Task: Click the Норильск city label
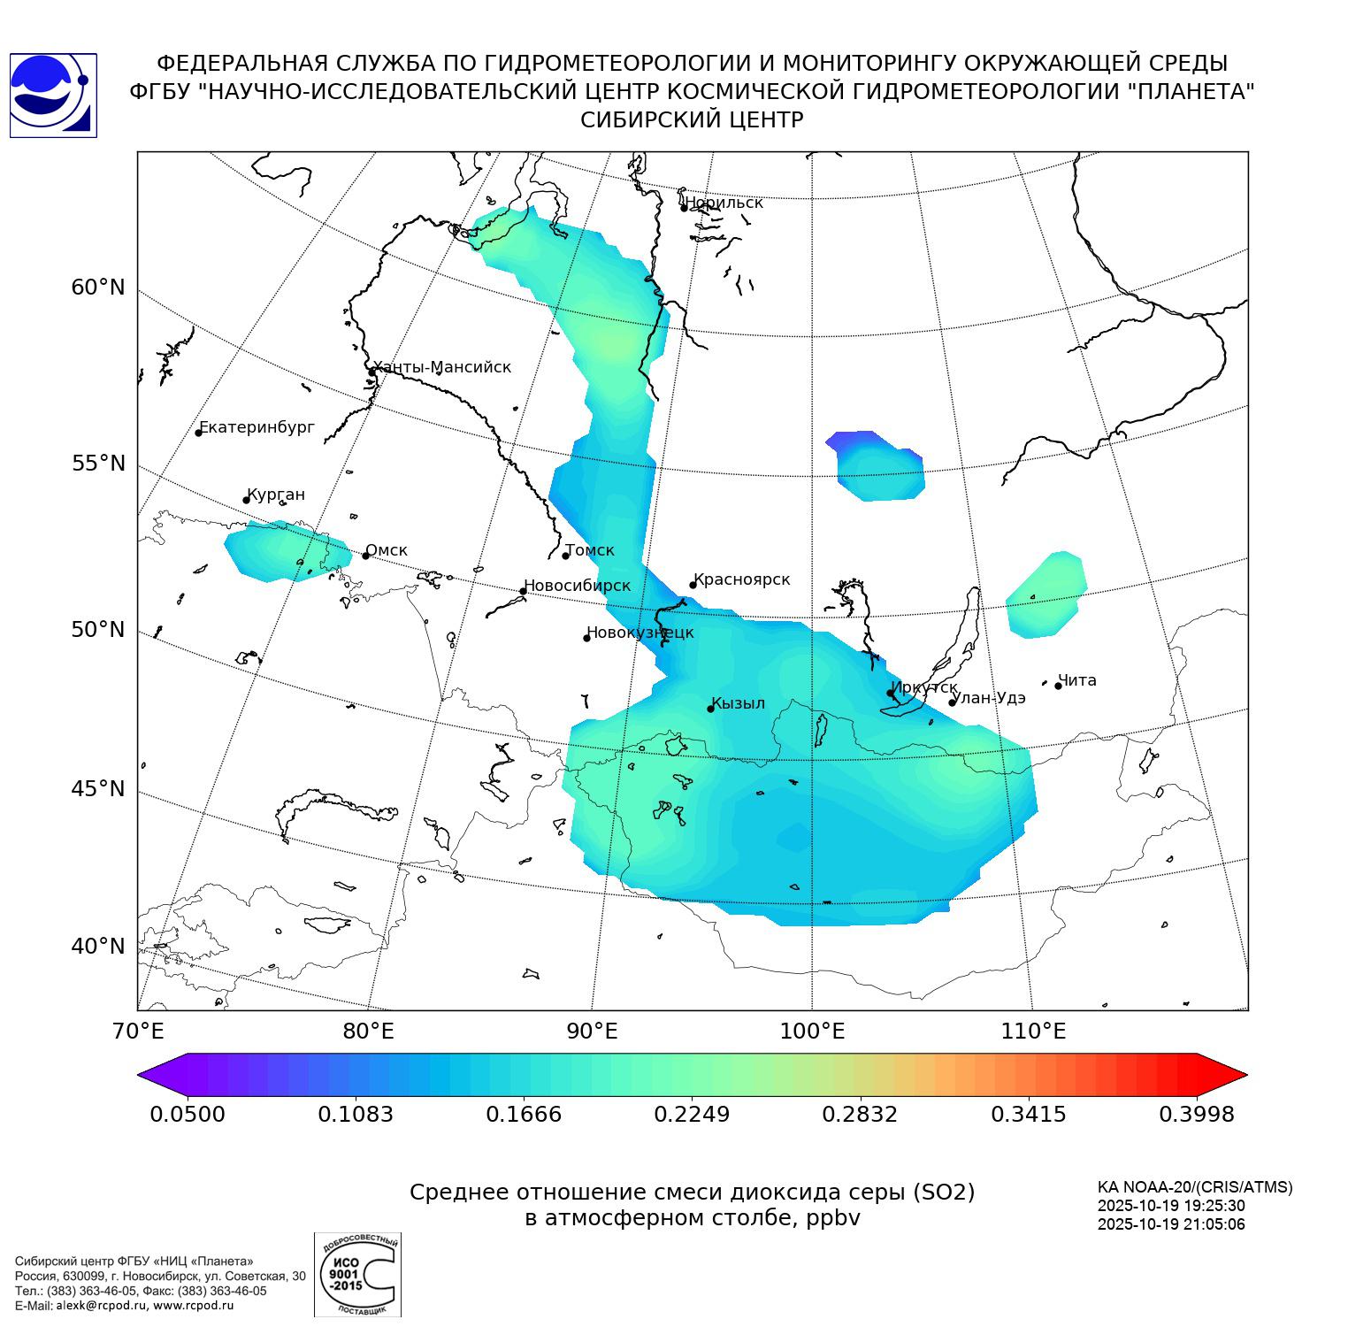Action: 724,203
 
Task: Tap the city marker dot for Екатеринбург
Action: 199,432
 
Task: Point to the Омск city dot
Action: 365,556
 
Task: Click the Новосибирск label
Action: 578,586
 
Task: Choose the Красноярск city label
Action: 741,579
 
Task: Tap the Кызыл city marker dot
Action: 710,709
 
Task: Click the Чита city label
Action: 1077,680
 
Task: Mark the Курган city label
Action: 276,495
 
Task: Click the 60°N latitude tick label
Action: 98,288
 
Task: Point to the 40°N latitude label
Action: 98,947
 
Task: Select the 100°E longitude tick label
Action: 811,1032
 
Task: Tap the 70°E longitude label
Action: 138,1032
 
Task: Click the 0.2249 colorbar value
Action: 692,1114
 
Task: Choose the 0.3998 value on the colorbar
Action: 1196,1114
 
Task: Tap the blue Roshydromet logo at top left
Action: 53,95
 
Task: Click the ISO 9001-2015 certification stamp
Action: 357,1274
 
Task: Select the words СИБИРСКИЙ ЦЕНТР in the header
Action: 692,120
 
